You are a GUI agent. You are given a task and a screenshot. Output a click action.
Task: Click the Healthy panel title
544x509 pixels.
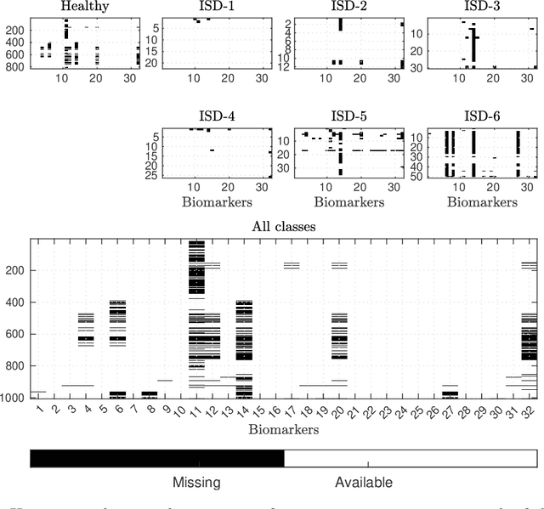tap(76, 8)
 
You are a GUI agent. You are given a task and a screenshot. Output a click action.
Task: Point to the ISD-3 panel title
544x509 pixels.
tap(480, 8)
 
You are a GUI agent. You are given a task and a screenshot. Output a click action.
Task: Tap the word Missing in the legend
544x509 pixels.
tap(197, 484)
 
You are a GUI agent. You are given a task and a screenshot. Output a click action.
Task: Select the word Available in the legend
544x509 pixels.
tap(364, 484)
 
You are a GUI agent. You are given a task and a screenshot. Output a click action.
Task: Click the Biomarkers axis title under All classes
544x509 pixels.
tap(283, 431)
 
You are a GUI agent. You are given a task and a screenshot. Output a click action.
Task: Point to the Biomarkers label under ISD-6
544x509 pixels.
tap(480, 202)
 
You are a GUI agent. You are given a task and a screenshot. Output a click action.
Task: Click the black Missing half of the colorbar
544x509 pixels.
tap(156, 459)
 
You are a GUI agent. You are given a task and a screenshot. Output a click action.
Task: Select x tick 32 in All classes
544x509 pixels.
tap(531, 415)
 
